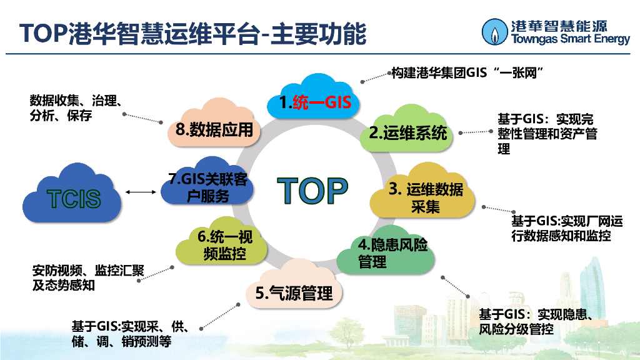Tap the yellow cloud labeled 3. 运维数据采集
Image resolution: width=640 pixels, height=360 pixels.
[424, 196]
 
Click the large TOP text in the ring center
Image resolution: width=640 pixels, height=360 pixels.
[312, 191]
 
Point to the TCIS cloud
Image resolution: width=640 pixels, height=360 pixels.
[73, 197]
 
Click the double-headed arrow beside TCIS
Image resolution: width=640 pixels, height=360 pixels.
[140, 192]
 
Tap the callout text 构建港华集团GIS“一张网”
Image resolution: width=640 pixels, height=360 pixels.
[466, 74]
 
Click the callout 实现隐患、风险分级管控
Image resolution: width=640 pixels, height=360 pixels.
[534, 321]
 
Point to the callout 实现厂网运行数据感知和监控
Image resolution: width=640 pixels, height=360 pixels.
[566, 229]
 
